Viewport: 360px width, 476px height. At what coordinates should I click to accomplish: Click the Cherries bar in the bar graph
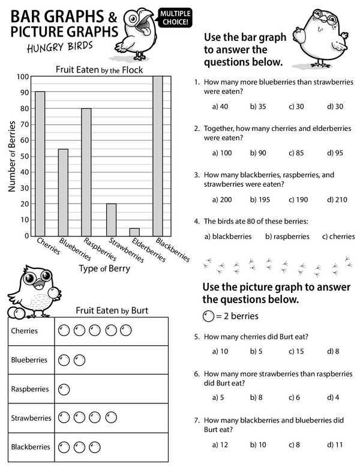[40, 163]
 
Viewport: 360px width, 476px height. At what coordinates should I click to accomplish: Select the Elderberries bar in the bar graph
[134, 232]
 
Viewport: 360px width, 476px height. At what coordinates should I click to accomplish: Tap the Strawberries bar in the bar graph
[110, 220]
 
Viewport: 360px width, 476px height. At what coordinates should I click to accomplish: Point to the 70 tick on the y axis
[25, 124]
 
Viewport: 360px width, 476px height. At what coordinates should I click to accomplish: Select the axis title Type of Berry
[104, 269]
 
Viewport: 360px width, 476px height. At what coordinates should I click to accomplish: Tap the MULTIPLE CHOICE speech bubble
[174, 16]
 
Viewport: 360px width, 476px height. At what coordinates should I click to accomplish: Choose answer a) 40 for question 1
[220, 106]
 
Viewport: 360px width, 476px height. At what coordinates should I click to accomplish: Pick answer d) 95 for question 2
[335, 153]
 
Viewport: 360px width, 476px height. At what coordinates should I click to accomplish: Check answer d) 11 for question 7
[334, 445]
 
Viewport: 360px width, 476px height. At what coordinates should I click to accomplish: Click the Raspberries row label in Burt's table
[29, 389]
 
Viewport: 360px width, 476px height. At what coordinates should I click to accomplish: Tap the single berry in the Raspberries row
[64, 389]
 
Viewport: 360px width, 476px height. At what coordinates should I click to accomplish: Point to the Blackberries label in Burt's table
[30, 447]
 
